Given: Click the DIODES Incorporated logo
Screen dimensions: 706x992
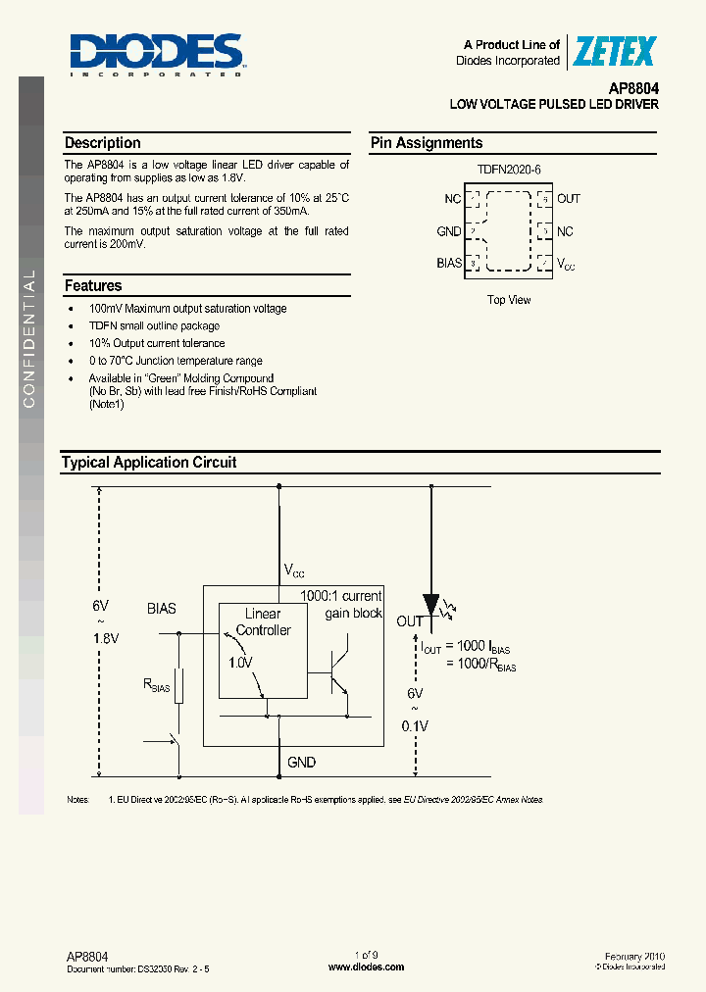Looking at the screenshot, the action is [x=157, y=53].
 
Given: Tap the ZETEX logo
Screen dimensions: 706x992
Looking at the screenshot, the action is [x=614, y=51].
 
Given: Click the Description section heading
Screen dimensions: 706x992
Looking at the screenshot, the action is [x=103, y=143].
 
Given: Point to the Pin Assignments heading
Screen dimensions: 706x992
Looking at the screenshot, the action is [x=427, y=143].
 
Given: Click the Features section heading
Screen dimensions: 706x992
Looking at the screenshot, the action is [x=93, y=286].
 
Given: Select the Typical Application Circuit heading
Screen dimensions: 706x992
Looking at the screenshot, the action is [x=149, y=463].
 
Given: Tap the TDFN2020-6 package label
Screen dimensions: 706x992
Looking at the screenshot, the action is [x=509, y=170].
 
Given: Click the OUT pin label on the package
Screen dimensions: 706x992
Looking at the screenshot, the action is [x=569, y=199].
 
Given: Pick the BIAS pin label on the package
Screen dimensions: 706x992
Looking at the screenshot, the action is [x=448, y=264].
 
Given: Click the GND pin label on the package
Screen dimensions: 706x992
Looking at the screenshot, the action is [x=448, y=231].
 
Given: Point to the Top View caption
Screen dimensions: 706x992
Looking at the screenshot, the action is [x=509, y=300].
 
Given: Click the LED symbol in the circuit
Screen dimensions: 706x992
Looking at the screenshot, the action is [x=431, y=605].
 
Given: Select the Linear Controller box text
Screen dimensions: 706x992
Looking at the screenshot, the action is [x=263, y=622].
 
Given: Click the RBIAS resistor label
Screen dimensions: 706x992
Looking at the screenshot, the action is [x=157, y=687].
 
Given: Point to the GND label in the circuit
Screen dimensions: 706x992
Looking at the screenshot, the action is [x=301, y=762].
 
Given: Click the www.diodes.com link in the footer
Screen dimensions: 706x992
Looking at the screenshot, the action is [x=366, y=967].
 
